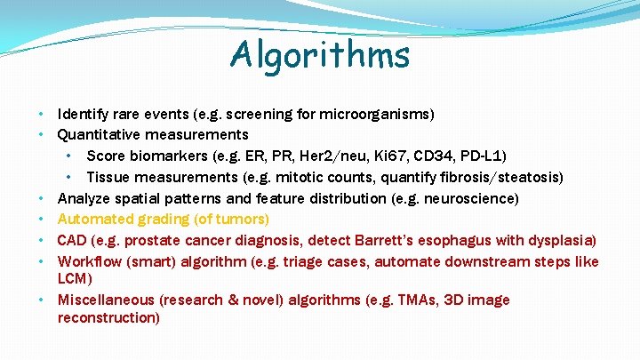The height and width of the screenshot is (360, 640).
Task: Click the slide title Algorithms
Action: (320, 55)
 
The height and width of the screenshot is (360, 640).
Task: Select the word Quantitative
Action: (99, 135)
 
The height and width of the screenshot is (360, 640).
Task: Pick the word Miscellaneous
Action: (111, 300)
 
